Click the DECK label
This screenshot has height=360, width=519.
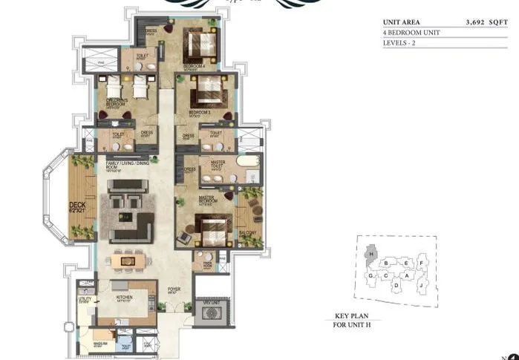[x=77, y=207]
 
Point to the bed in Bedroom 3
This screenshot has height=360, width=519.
[x=203, y=94]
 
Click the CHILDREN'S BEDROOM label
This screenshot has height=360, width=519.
[x=116, y=102]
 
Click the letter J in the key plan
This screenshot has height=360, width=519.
[x=420, y=284]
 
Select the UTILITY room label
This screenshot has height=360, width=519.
[x=85, y=299]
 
